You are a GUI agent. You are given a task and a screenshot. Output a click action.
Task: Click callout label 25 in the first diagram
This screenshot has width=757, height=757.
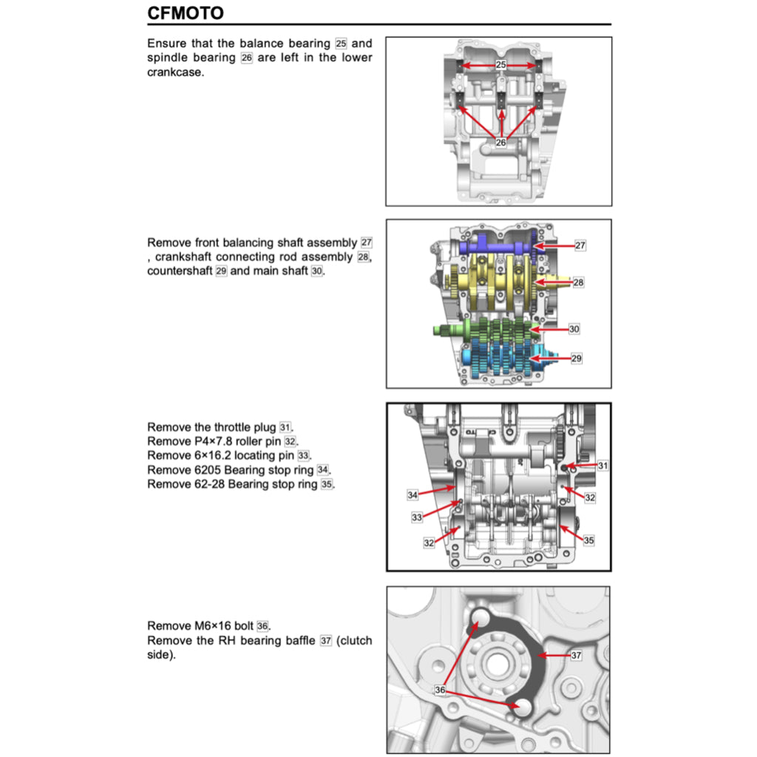tap(500, 65)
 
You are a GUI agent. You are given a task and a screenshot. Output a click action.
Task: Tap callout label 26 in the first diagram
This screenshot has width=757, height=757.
tap(500, 143)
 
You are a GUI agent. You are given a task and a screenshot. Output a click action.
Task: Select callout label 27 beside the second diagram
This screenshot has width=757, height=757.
tap(580, 245)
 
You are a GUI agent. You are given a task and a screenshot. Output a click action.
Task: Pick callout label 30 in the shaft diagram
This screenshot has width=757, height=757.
tap(574, 328)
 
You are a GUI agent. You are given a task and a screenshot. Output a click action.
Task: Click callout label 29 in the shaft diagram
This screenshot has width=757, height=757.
tap(576, 358)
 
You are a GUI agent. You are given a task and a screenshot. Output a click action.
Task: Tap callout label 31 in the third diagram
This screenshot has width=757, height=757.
tap(603, 466)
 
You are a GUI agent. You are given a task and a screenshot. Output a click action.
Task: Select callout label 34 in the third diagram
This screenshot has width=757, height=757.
tap(413, 494)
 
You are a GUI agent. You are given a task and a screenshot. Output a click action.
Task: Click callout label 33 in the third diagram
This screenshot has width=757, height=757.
tap(417, 517)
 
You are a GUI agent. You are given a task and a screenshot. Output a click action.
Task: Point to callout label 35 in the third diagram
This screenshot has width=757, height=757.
tap(588, 540)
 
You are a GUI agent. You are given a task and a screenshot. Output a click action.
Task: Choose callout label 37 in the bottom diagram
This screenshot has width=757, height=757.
tap(577, 655)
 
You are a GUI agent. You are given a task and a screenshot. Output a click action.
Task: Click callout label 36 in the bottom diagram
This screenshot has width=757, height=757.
tap(440, 690)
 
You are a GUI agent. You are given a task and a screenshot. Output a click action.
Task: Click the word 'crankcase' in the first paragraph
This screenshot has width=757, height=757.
tap(174, 72)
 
